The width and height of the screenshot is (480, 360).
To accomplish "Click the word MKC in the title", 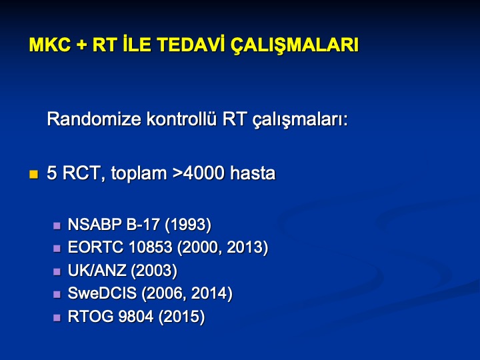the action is pyautogui.click(x=49, y=45).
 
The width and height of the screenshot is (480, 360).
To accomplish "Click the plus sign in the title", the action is pyautogui.click(x=81, y=45).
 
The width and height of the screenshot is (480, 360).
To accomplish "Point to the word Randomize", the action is pyautogui.click(x=94, y=119).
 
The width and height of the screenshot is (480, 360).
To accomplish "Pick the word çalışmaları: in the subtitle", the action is pyautogui.click(x=300, y=120).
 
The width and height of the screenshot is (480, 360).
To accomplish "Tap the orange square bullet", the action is pyautogui.click(x=34, y=175).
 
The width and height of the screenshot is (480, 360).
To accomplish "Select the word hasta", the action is pyautogui.click(x=253, y=173).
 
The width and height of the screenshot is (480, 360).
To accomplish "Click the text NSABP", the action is pyautogui.click(x=95, y=225).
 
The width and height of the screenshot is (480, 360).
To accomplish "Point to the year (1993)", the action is pyautogui.click(x=188, y=225).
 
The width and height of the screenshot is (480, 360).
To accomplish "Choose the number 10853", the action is pyautogui.click(x=151, y=247).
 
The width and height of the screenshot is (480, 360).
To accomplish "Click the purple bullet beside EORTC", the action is pyautogui.click(x=57, y=248).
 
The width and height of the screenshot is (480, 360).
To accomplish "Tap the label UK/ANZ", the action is pyautogui.click(x=97, y=270).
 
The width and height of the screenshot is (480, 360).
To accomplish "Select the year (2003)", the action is pyautogui.click(x=154, y=271).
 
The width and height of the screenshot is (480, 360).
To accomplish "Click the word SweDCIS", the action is pyautogui.click(x=102, y=293).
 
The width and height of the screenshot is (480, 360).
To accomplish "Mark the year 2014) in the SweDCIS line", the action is pyautogui.click(x=211, y=294).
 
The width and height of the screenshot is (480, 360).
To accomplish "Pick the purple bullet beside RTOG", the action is pyautogui.click(x=57, y=317).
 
